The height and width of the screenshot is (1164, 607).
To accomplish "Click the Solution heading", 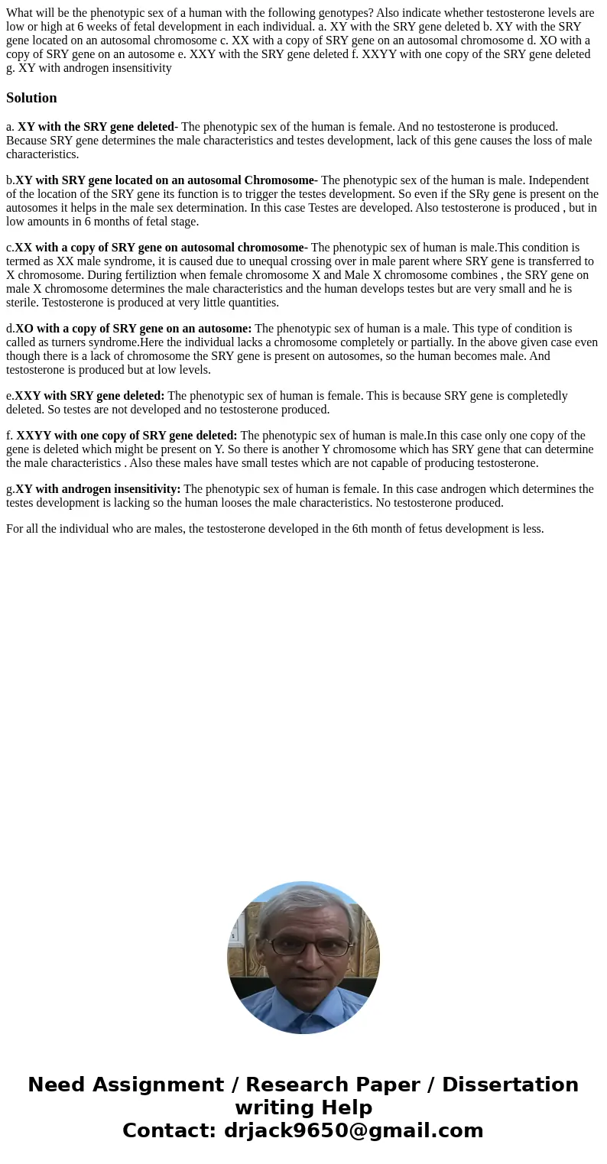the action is pyautogui.click(x=31, y=98).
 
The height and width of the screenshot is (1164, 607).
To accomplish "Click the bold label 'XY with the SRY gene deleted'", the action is pyautogui.click(x=96, y=127).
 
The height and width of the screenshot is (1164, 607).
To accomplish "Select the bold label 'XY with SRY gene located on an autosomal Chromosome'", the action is pyautogui.click(x=166, y=180).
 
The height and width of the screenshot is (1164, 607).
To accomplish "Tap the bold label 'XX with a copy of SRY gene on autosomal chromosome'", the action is pyautogui.click(x=161, y=248).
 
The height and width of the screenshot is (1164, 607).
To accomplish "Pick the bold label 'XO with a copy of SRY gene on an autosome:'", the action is pyautogui.click(x=133, y=329).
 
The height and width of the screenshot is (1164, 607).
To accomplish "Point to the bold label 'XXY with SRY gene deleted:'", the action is pyautogui.click(x=89, y=396).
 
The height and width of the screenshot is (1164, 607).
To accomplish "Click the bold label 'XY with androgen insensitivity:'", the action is pyautogui.click(x=98, y=489).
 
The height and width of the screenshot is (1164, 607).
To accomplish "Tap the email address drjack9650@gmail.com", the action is pyautogui.click(x=353, y=1130).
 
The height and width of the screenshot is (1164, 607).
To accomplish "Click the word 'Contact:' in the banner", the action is pyautogui.click(x=169, y=1130).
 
